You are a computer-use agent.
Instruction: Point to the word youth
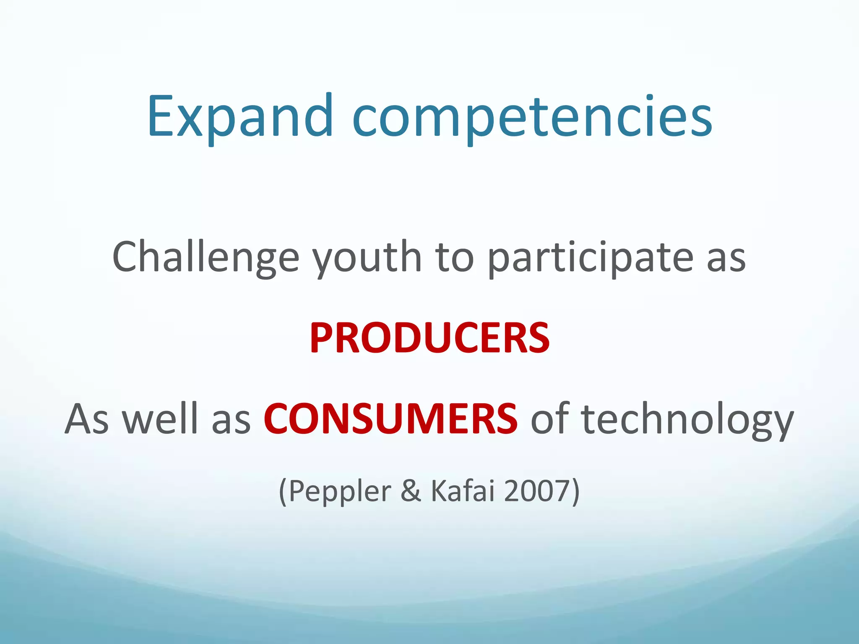(x=367, y=257)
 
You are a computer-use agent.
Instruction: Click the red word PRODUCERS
(x=429, y=338)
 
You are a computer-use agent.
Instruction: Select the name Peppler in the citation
(x=340, y=491)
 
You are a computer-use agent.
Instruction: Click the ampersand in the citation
(x=411, y=491)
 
